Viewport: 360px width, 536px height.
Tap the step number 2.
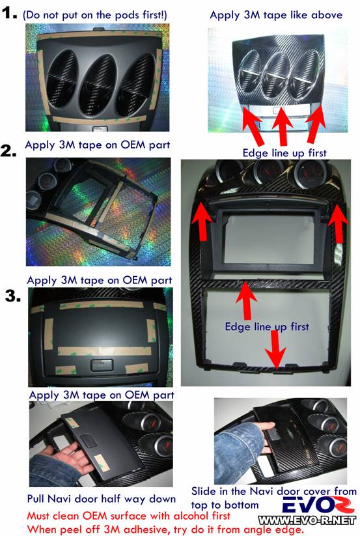coord(8,150)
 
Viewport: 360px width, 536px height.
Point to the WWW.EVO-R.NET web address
coord(307,520)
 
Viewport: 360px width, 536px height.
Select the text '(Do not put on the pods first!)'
coord(95,15)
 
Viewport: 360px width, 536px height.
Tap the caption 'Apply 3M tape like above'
coord(276,15)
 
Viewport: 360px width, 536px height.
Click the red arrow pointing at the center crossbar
coord(246,300)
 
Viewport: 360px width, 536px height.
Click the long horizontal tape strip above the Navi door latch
coord(105,351)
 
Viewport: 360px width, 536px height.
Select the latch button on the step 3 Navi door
coord(102,365)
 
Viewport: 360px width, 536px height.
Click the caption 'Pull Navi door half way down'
coord(101,499)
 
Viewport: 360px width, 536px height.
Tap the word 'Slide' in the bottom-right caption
coord(203,491)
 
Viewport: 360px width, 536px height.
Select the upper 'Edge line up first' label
coord(284,153)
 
